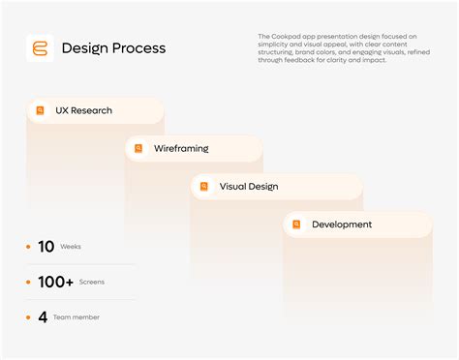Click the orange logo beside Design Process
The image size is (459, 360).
pos(41,47)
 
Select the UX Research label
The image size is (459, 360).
pos(83,110)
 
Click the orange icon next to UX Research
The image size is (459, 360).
pos(41,110)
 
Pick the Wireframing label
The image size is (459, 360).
pos(181,149)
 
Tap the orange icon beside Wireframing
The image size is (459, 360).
pos(139,149)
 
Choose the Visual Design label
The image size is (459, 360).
pos(249,187)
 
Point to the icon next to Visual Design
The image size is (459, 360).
pos(205,187)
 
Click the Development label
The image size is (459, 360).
pos(342,225)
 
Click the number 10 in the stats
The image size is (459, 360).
pos(46,247)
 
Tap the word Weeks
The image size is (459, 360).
pos(71,247)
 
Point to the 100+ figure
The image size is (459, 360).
pos(55,282)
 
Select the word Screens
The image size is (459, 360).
pos(92,282)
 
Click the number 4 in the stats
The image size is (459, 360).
pos(43,316)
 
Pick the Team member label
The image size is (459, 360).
pos(76,316)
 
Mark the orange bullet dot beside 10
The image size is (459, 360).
pos(28,247)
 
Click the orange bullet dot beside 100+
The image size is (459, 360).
pos(28,282)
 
